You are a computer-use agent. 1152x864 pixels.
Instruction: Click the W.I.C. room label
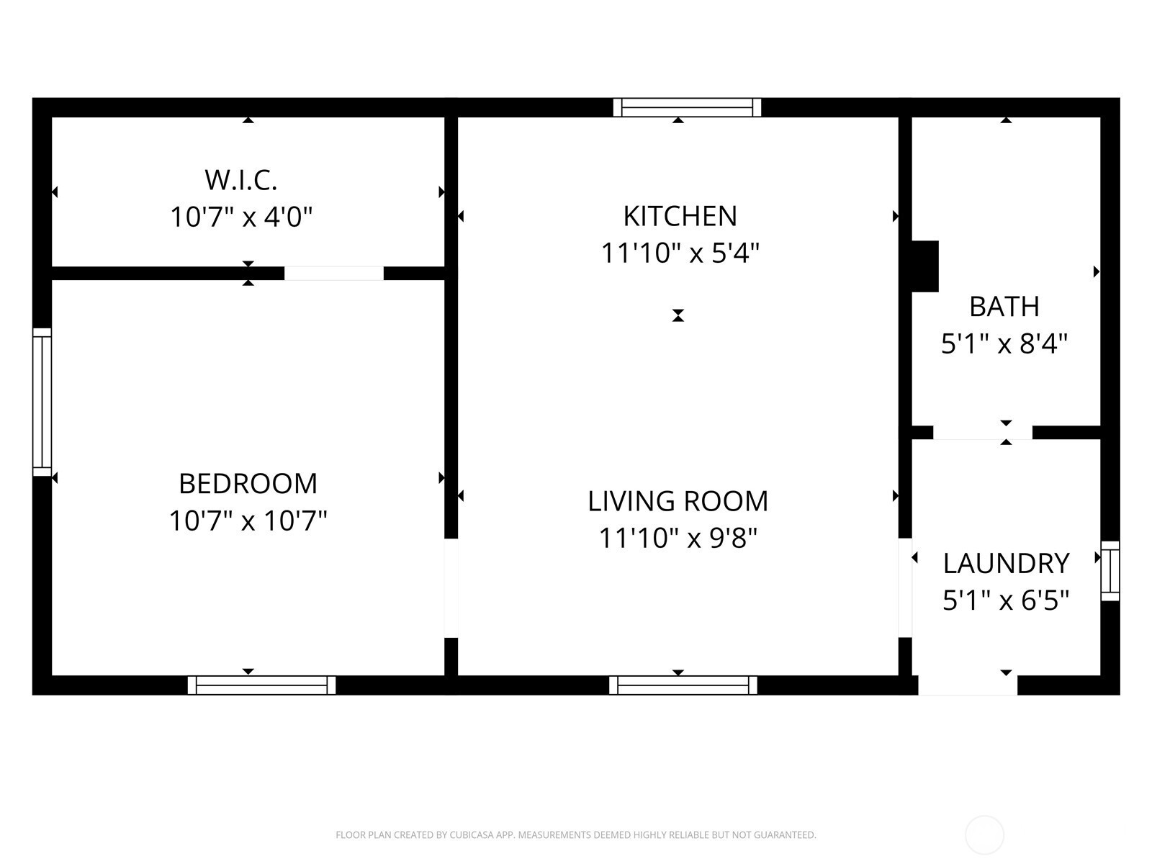(x=241, y=180)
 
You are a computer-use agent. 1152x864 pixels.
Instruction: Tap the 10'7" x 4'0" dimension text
(x=241, y=217)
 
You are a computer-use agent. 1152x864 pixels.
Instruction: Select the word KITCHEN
(x=680, y=216)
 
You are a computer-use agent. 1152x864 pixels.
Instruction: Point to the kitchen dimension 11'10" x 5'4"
(x=680, y=253)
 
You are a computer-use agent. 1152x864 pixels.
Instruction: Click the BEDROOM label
(x=248, y=484)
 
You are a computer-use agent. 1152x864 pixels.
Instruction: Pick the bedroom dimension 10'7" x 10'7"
(x=248, y=521)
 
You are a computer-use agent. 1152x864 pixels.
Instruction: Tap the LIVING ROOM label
(x=678, y=501)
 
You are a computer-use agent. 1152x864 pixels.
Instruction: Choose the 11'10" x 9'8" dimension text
(x=678, y=538)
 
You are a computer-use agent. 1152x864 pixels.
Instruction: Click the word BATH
(x=1004, y=307)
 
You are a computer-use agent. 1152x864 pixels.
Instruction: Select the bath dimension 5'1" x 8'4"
(x=1004, y=343)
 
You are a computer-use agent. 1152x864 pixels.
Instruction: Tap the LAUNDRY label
(x=1006, y=564)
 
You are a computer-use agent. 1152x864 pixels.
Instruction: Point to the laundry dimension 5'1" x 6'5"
(x=1006, y=600)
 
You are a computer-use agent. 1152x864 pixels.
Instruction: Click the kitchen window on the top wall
(x=687, y=107)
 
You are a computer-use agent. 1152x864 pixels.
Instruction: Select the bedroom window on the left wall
(x=42, y=402)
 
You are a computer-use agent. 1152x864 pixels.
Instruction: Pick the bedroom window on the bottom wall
(x=261, y=685)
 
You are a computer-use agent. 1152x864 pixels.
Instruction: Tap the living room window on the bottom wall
(x=683, y=685)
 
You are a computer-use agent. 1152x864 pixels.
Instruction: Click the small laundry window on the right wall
(x=1110, y=571)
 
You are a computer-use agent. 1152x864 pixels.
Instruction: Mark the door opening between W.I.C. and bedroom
(x=334, y=274)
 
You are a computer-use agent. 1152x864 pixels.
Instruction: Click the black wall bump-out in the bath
(x=924, y=266)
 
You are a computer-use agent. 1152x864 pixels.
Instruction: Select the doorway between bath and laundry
(x=983, y=433)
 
